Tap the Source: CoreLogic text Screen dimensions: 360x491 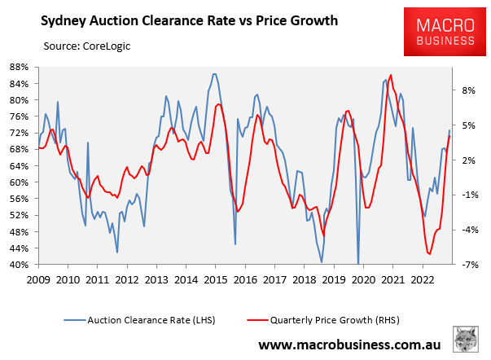coord(82,46)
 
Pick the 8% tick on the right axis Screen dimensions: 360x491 coord(467,91)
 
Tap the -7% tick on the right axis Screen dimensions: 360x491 coord(467,266)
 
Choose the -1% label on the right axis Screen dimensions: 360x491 coord(467,195)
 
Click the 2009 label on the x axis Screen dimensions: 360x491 coord(38,279)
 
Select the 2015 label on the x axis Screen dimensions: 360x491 coord(215,279)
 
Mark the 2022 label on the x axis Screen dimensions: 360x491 coord(421,279)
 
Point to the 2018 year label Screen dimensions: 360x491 coord(303,279)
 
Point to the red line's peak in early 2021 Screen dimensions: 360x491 coord(392,75)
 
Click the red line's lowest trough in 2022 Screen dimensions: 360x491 coord(429,254)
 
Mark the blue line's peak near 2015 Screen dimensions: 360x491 coord(214,73)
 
